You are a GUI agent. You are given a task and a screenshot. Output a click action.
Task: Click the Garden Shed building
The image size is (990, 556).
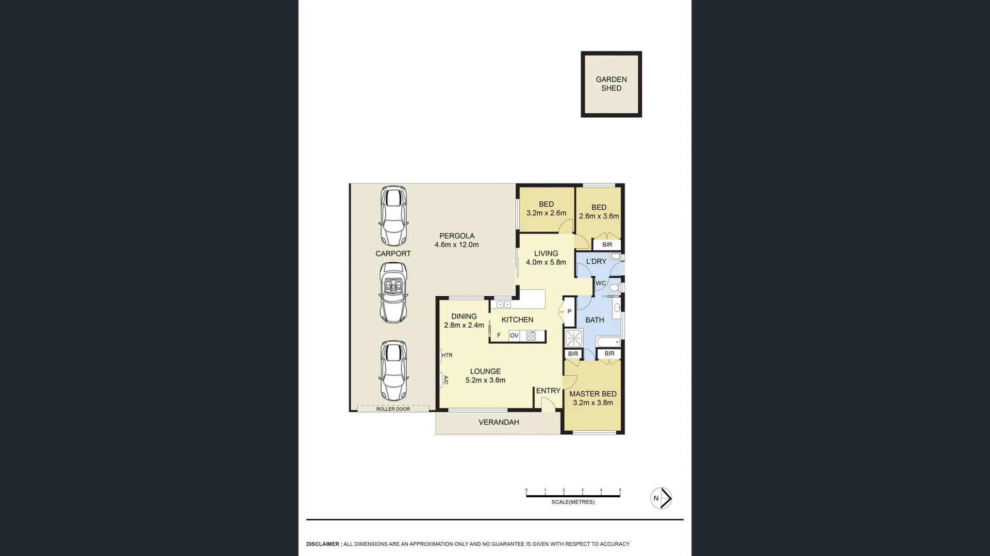611,84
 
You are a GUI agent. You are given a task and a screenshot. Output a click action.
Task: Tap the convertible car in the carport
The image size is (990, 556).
393,293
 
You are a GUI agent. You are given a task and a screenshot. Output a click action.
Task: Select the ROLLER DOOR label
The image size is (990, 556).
393,409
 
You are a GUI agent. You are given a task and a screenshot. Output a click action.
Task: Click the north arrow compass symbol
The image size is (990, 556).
661,498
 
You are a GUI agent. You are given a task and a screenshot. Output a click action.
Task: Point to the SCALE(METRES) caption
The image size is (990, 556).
573,502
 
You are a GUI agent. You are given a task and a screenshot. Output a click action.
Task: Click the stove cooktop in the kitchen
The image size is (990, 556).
531,336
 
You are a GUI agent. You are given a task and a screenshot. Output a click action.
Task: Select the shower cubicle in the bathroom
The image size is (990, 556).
574,338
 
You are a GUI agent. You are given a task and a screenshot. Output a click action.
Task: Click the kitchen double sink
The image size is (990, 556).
504,305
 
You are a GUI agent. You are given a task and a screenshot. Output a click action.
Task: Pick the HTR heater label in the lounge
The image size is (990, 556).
447,355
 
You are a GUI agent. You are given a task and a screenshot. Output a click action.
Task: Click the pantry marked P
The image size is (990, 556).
569,312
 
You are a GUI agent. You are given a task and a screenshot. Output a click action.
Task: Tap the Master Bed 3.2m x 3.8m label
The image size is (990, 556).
593,398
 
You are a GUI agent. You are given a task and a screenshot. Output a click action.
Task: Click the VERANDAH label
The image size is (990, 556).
499,422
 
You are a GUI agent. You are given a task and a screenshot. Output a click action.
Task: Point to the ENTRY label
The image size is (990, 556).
548,391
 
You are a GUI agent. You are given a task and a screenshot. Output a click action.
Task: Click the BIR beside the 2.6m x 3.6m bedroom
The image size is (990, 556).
607,245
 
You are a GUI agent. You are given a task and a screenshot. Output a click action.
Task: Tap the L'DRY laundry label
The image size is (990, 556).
596,261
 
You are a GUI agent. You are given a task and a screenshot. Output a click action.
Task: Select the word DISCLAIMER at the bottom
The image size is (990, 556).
323,544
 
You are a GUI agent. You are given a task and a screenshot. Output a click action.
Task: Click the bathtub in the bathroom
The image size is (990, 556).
608,342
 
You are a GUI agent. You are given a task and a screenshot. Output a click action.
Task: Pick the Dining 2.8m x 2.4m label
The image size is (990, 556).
464,321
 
